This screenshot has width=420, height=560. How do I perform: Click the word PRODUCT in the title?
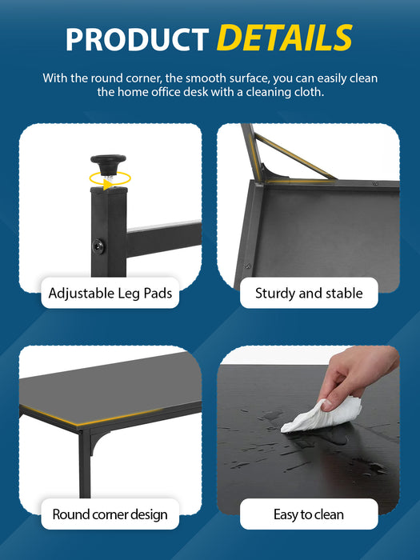[137, 39]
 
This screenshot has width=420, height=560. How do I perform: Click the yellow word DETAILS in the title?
[285, 38]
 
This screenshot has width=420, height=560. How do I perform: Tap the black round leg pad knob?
[108, 162]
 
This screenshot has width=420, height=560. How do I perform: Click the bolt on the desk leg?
[98, 246]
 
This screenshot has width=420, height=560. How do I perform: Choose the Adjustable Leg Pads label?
[110, 293]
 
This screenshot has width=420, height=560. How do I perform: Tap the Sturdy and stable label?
[309, 293]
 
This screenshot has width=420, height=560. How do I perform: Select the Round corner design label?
[110, 514]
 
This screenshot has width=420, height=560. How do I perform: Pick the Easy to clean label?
[309, 514]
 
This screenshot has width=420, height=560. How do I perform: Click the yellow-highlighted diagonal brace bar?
[294, 157]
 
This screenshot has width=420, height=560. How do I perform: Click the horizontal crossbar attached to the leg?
[163, 238]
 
